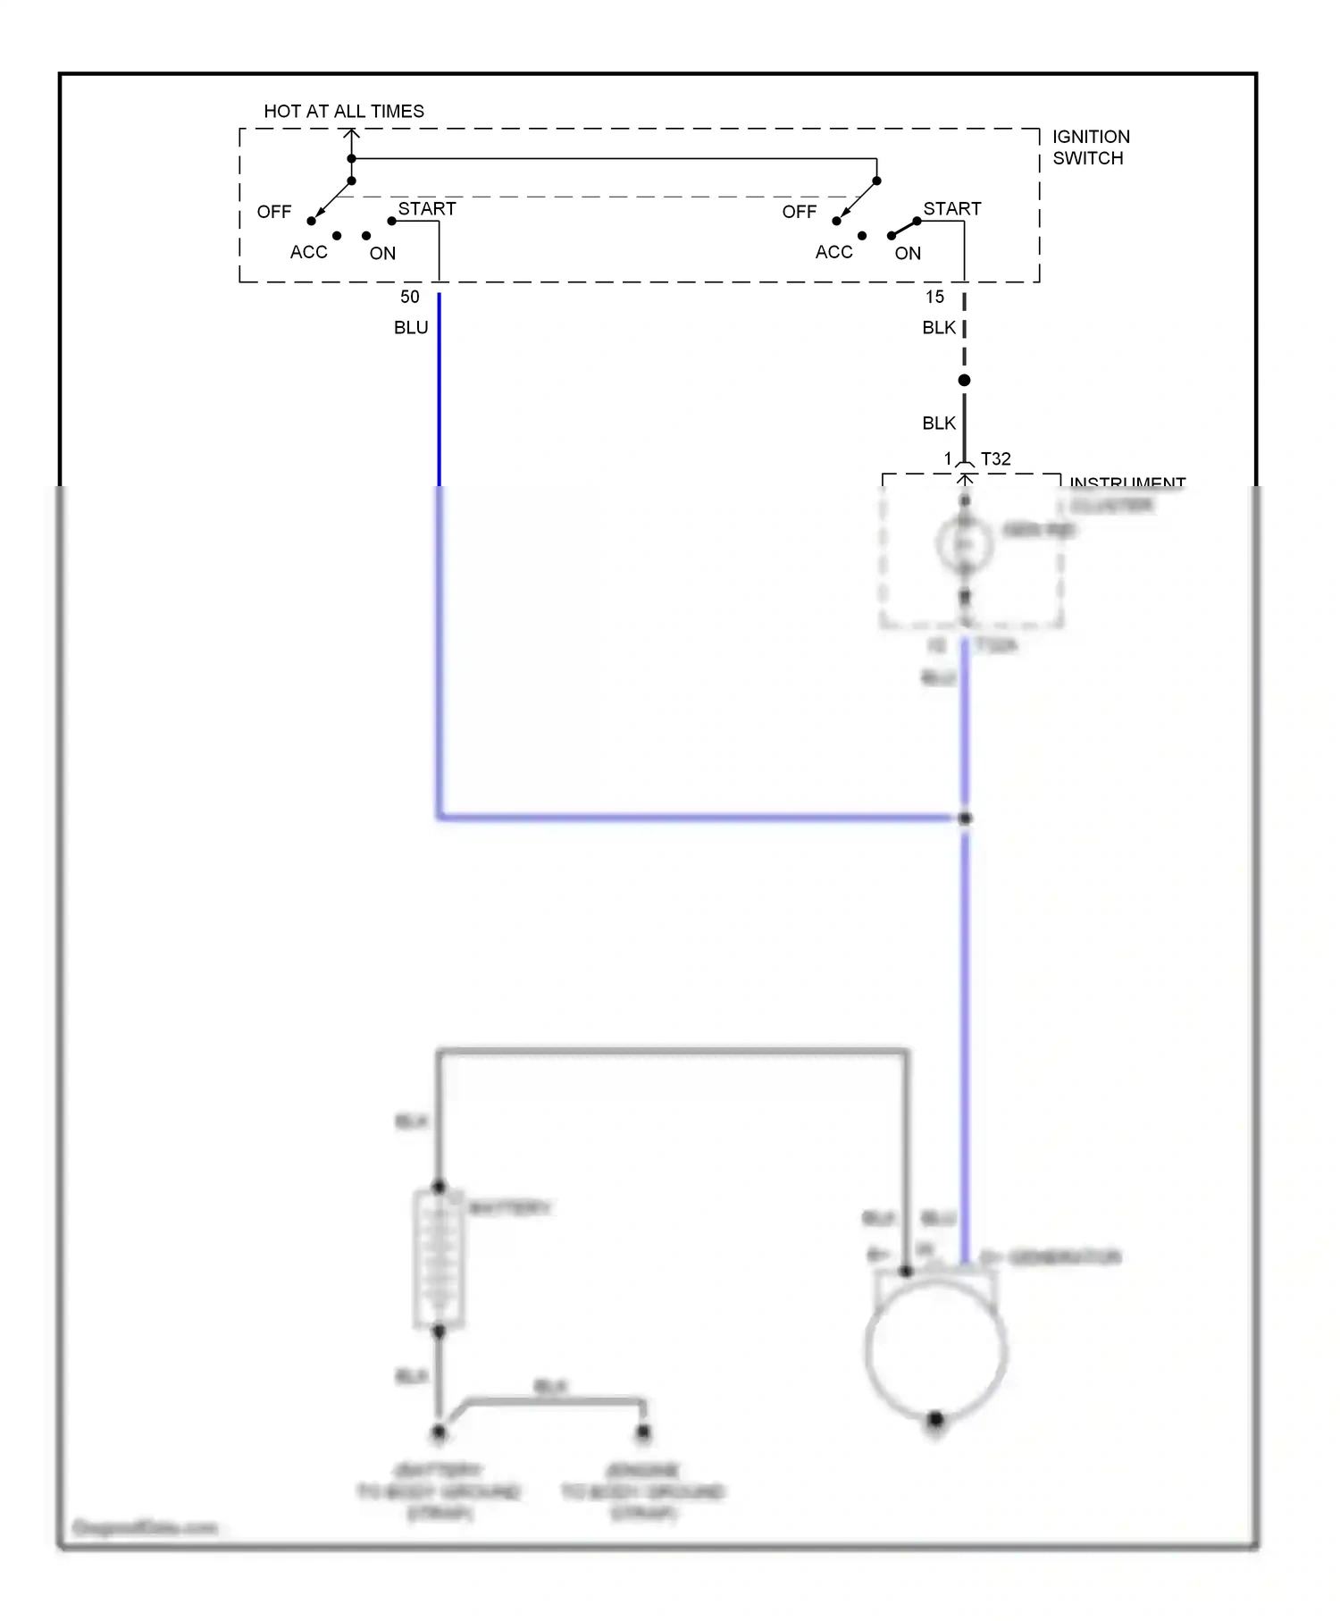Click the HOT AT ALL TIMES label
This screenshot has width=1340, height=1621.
point(344,112)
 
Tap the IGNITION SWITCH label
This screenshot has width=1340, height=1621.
point(1090,147)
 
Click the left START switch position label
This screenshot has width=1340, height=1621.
point(427,208)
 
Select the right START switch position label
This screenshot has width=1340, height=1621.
point(951,208)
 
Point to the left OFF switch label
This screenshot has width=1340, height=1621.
point(274,212)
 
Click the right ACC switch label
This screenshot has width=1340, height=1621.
point(833,252)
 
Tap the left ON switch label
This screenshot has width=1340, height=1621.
point(382,253)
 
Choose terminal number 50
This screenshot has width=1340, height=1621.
point(409,297)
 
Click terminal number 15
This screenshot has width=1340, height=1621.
point(934,297)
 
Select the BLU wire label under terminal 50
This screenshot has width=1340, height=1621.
point(411,328)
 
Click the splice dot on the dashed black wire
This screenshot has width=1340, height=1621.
point(964,381)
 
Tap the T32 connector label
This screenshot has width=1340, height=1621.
point(995,458)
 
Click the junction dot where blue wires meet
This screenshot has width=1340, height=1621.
point(965,818)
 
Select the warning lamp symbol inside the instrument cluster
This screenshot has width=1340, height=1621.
point(964,543)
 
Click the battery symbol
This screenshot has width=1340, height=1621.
point(439,1259)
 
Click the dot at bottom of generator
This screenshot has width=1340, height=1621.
point(935,1419)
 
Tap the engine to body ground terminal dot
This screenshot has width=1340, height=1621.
point(643,1433)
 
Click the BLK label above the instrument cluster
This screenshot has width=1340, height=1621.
point(938,423)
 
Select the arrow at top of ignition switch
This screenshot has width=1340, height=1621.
point(352,135)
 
